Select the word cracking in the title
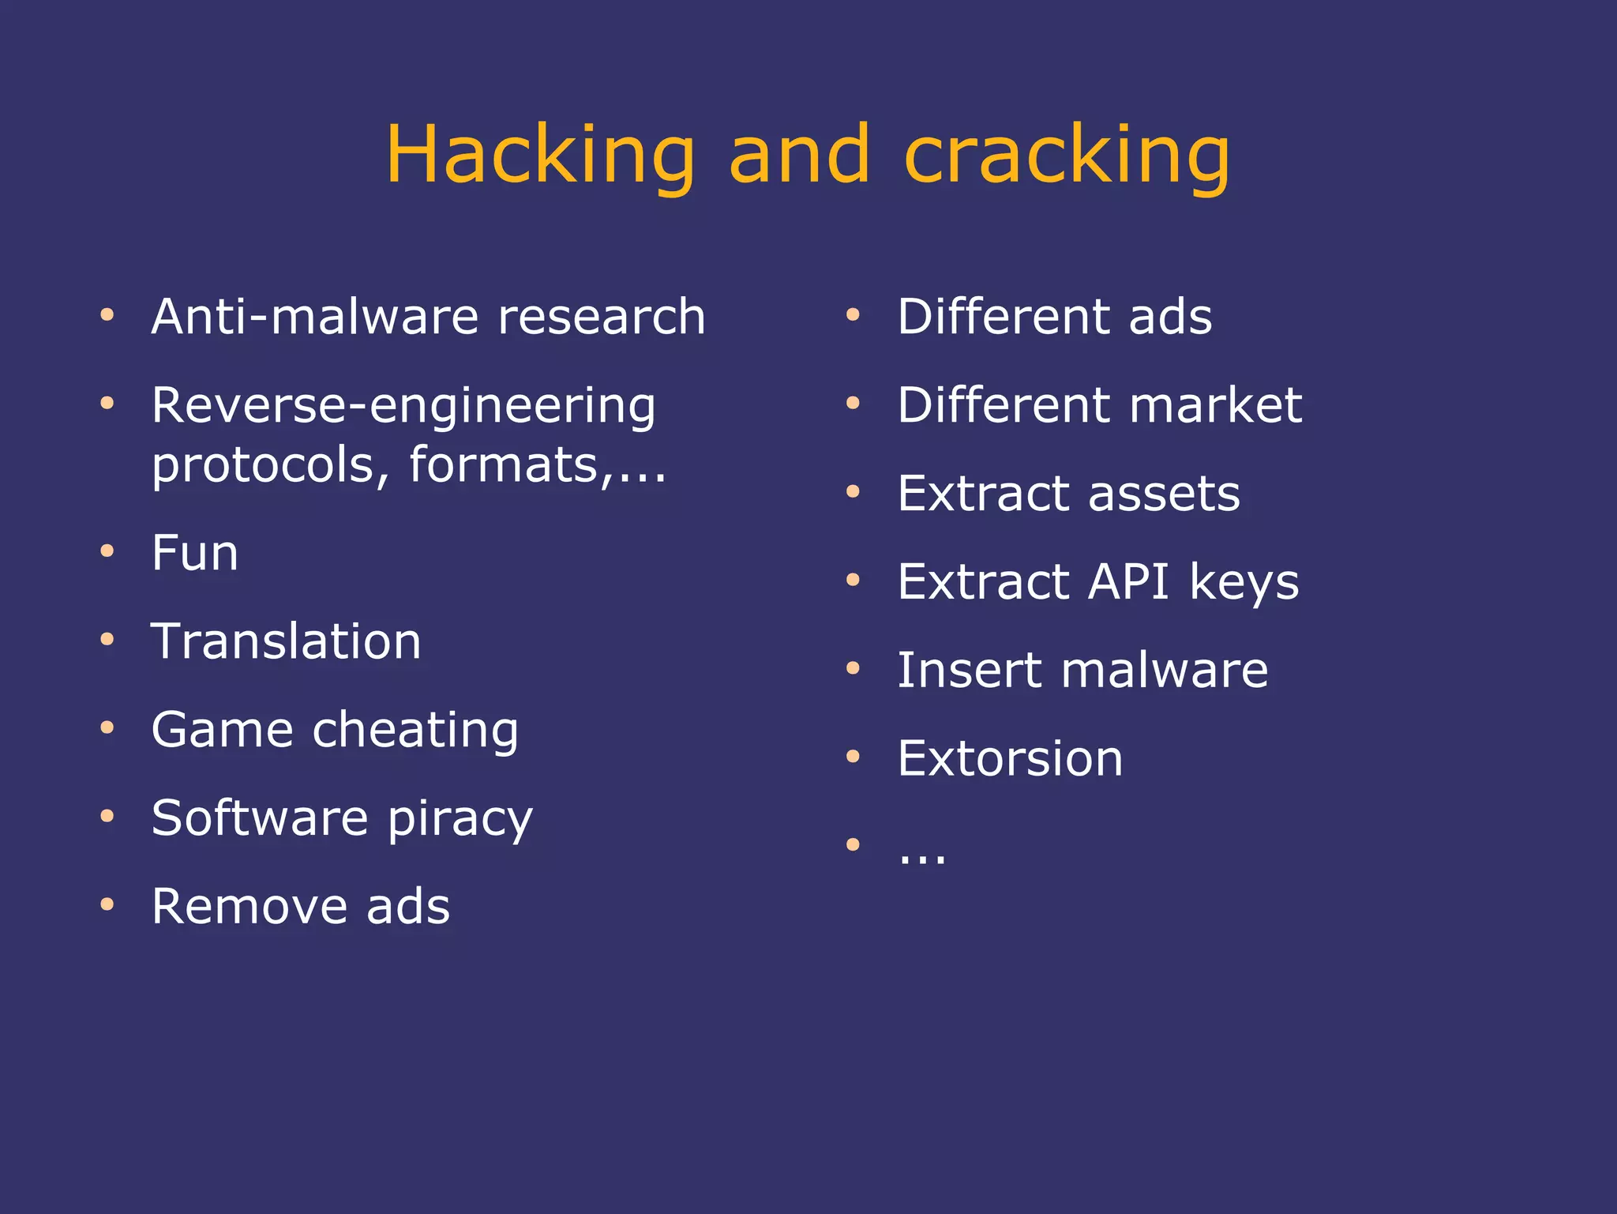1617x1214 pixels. pyautogui.click(x=1067, y=156)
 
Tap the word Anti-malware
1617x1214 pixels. pyautogui.click(x=315, y=317)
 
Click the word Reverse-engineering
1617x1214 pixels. pyautogui.click(x=403, y=407)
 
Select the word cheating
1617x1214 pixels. pyautogui.click(x=415, y=730)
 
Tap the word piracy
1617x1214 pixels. pyautogui.click(x=460, y=819)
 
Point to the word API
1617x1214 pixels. pyautogui.click(x=1128, y=582)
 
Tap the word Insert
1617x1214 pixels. pyautogui.click(x=970, y=671)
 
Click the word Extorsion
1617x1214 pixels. pyautogui.click(x=1010, y=759)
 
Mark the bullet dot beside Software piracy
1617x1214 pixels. pyautogui.click(x=107, y=816)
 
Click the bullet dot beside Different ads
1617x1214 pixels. pyautogui.click(x=853, y=314)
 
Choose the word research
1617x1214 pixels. pyautogui.click(x=602, y=317)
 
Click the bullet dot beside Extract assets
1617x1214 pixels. pyautogui.click(x=853, y=491)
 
